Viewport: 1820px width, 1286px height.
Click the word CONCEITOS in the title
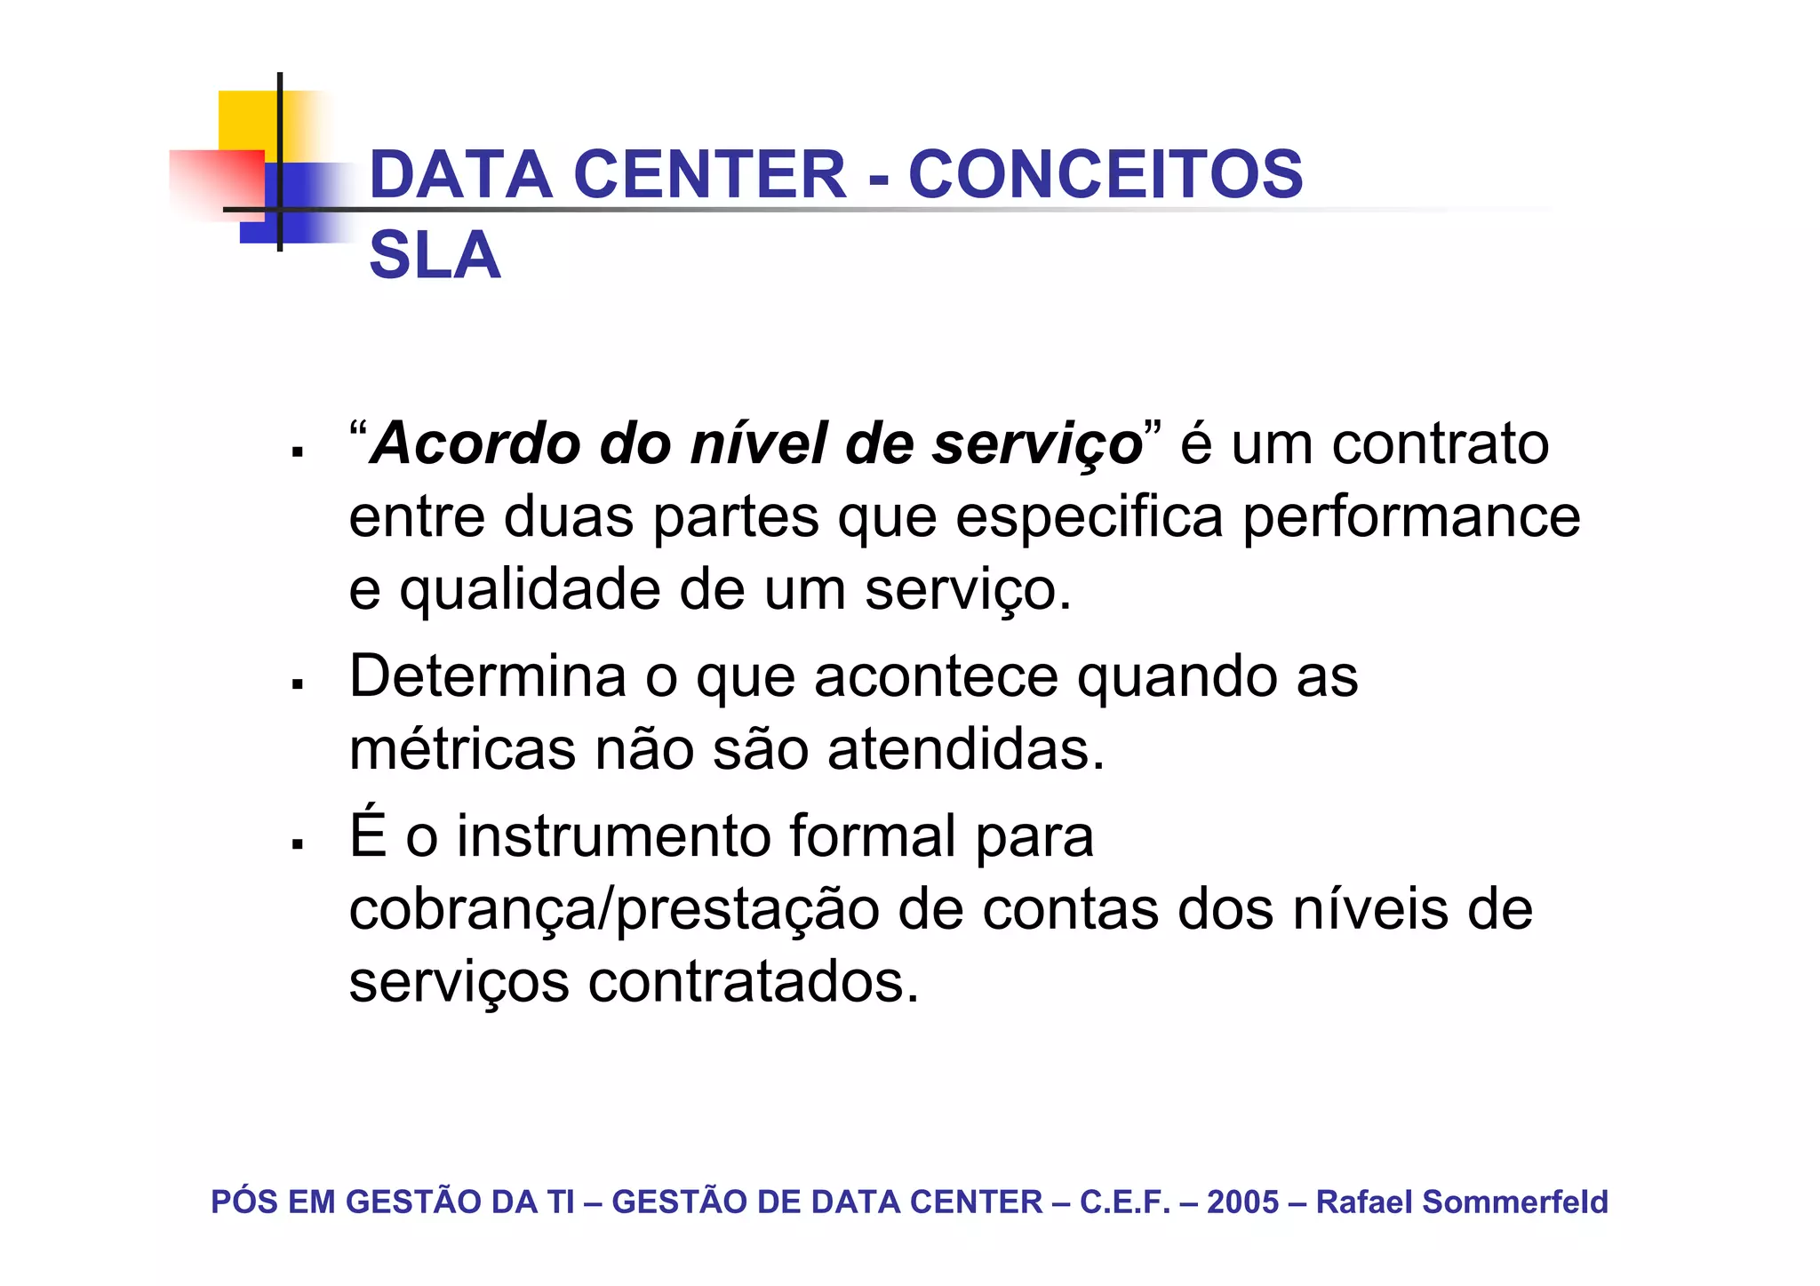pos(1106,174)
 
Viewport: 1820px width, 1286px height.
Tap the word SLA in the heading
pos(435,256)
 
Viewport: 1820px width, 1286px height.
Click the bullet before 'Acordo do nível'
pos(298,453)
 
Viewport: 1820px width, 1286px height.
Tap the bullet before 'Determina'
pos(298,684)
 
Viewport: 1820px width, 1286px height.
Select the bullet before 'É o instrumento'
pos(298,844)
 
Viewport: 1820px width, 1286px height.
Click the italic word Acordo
pos(476,443)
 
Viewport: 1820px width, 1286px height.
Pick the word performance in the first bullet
pos(1410,516)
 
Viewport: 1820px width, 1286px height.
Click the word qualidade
pos(530,589)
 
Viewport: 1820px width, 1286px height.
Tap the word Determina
pos(488,676)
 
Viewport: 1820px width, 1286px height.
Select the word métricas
pos(462,749)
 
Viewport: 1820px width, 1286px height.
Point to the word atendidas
pos(966,749)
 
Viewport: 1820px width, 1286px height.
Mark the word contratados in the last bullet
pos(754,983)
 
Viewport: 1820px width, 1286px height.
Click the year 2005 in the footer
pos(1242,1202)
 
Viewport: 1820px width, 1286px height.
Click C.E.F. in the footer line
pos(1125,1202)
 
